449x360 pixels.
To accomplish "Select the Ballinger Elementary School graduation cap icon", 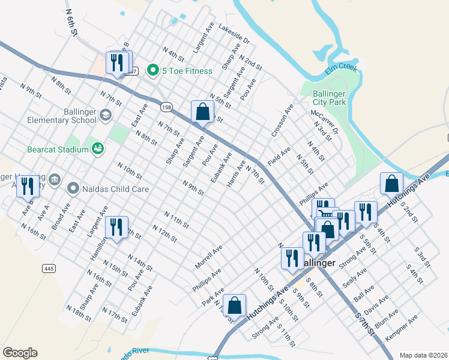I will click(106, 115).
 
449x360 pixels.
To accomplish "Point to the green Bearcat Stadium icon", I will click(97, 148).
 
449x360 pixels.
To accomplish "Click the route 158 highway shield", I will click(166, 107).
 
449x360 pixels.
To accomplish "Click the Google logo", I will click(20, 353).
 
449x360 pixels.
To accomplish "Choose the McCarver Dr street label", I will click(325, 122).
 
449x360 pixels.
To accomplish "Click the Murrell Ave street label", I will click(208, 256).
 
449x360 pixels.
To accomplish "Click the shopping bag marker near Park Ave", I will click(234, 304).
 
